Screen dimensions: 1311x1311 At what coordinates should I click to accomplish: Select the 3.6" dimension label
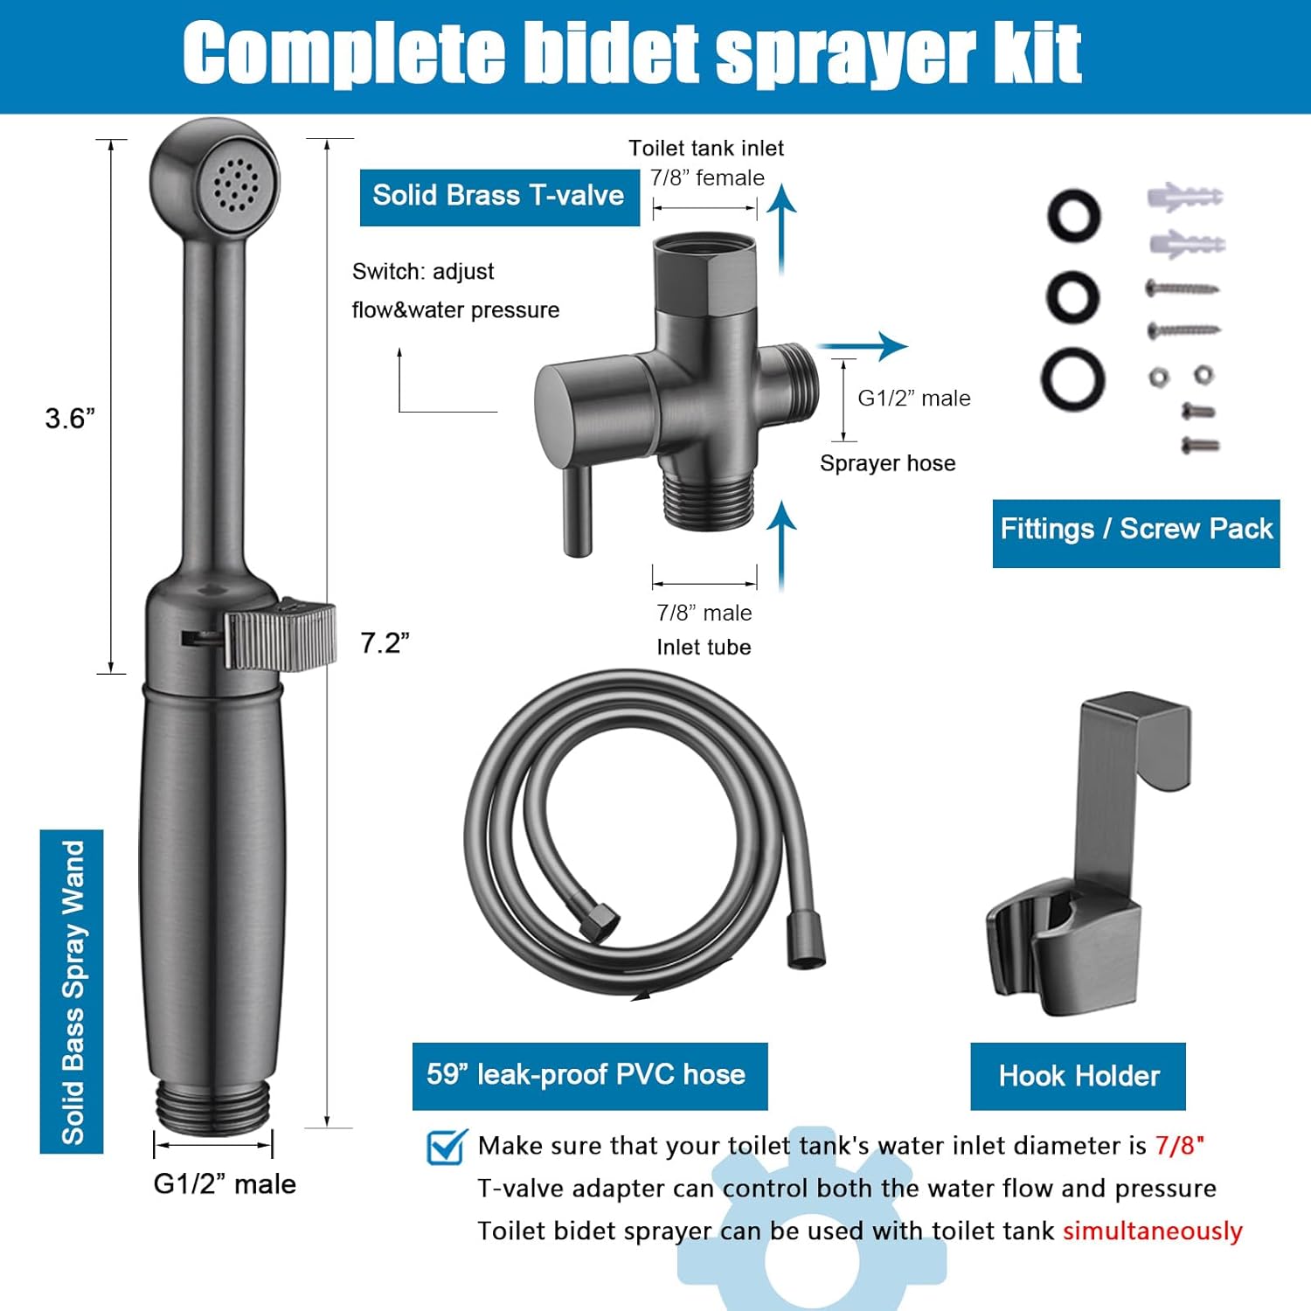click(x=70, y=419)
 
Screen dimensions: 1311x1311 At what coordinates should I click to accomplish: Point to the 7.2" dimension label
click(x=385, y=643)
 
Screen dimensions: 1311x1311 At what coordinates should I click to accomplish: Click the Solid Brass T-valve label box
click(x=499, y=196)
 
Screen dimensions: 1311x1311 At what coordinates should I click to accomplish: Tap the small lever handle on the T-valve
click(x=577, y=510)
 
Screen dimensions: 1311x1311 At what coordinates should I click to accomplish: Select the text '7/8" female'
click(x=707, y=178)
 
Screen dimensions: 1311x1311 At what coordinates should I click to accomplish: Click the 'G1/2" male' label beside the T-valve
click(x=913, y=399)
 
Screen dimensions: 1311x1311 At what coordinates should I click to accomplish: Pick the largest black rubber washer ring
click(x=1072, y=379)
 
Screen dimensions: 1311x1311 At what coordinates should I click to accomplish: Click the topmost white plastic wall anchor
click(x=1183, y=197)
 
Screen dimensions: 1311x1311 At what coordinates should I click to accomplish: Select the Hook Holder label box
click(x=1078, y=1076)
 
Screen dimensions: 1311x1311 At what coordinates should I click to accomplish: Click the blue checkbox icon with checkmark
click(x=447, y=1147)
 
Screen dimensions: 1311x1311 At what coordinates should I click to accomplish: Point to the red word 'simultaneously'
click(x=1152, y=1231)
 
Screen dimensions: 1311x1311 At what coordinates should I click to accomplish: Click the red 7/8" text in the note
click(x=1179, y=1145)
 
